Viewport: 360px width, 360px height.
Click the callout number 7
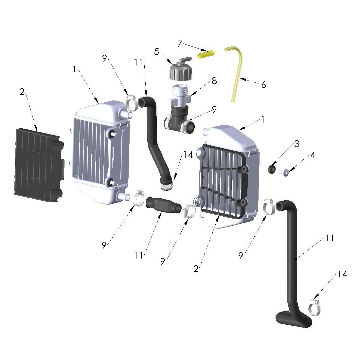tap(179, 44)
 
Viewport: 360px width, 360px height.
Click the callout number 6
tap(263, 84)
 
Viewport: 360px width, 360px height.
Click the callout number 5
tap(157, 52)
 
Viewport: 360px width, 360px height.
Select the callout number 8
tap(214, 81)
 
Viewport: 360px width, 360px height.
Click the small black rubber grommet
tap(272, 170)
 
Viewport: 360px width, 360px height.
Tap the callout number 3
tap(297, 144)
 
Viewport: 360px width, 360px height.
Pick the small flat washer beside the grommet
tap(286, 171)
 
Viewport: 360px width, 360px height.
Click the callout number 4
tap(313, 155)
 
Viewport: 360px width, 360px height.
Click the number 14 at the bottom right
tap(342, 274)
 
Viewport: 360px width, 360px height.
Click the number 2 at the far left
tap(22, 92)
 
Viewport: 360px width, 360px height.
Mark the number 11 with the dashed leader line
tap(139, 62)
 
